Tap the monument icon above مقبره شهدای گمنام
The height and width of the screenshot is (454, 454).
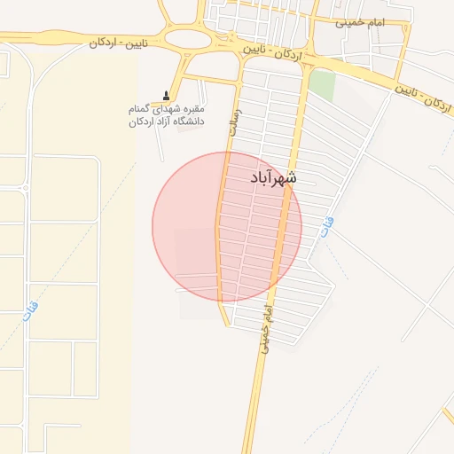point(166,96)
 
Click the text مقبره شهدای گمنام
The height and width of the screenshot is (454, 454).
point(166,108)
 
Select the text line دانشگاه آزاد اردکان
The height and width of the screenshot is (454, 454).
point(167,121)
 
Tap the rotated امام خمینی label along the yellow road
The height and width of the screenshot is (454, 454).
point(264,329)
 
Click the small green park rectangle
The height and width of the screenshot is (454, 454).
point(322,85)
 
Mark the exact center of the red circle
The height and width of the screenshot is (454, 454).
point(227,227)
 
